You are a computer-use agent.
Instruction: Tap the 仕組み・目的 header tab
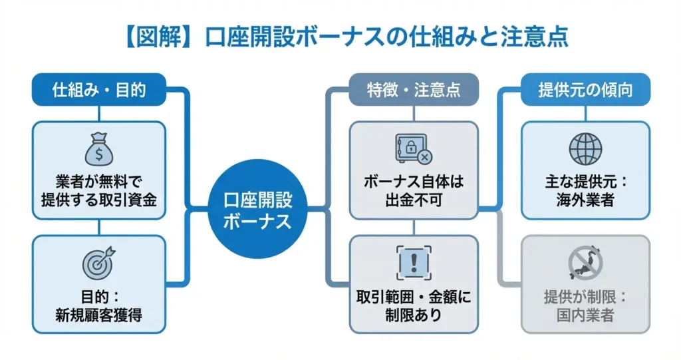pos(98,90)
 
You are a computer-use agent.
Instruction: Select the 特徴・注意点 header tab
pos(413,90)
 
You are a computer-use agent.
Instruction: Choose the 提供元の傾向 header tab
pos(585,90)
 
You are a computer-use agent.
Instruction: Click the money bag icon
pos(98,150)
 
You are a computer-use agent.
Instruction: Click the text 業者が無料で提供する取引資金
pos(98,190)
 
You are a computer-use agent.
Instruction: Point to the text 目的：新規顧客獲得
pos(98,304)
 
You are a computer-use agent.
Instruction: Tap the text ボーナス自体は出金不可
pos(413,190)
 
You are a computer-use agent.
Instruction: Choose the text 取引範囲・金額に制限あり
pos(413,305)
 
